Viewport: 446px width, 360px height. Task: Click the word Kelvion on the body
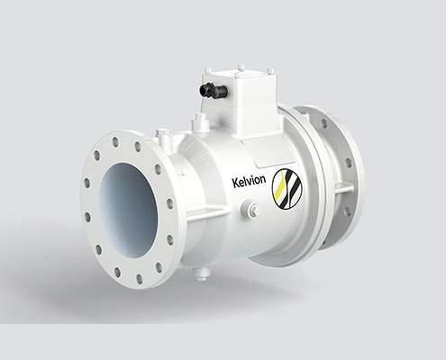coord(249,182)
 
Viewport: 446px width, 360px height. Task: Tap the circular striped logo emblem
coord(287,188)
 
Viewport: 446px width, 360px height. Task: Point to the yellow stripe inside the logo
coord(280,188)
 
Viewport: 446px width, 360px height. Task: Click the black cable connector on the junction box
coord(214,89)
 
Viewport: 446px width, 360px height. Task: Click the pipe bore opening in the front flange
coord(128,210)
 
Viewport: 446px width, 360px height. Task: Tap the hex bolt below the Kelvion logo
coord(251,208)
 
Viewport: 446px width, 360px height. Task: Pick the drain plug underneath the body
coord(201,274)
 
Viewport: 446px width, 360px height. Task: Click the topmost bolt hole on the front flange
coord(114,142)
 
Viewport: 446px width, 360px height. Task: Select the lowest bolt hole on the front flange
coord(140,278)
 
